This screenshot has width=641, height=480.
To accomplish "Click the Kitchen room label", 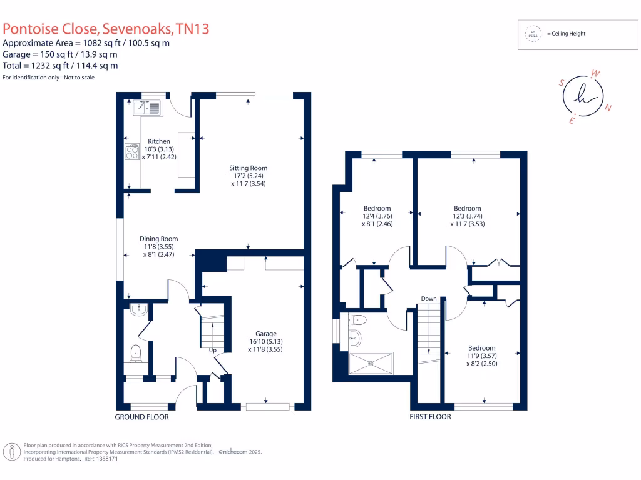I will (x=158, y=141).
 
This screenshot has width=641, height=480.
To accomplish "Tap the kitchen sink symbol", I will (x=146, y=109).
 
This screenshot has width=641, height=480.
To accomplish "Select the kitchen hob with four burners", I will (x=132, y=152).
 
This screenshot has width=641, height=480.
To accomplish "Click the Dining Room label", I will (x=159, y=239).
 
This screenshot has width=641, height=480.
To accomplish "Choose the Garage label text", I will (x=265, y=334).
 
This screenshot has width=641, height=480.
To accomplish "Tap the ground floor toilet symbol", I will (x=135, y=354).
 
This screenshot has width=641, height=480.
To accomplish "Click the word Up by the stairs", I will (x=213, y=351).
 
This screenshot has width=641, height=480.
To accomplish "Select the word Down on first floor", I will (x=429, y=299).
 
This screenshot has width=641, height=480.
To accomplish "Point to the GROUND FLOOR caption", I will (x=141, y=417).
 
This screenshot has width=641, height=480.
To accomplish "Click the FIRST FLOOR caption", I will (x=430, y=416).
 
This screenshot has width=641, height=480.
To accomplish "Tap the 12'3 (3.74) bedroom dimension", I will (x=468, y=216).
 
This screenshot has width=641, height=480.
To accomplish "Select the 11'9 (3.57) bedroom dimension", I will (x=482, y=356).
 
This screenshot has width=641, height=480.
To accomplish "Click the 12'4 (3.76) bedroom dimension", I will (x=377, y=216).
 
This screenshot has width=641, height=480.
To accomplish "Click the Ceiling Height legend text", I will (x=566, y=34).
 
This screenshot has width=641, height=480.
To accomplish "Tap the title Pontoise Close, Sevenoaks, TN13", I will (x=106, y=28).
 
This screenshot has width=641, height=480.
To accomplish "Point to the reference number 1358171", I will (x=105, y=458).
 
